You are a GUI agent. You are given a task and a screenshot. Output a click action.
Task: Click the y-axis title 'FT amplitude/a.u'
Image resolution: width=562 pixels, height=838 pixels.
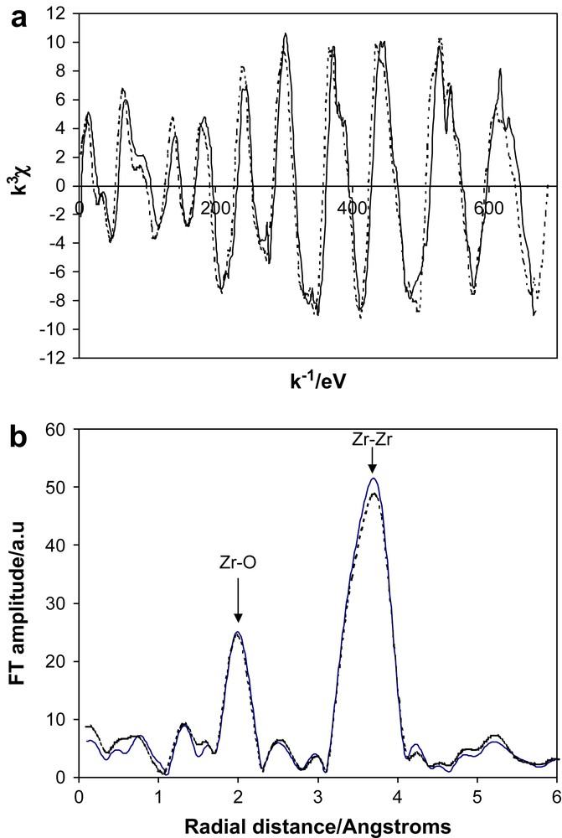19,603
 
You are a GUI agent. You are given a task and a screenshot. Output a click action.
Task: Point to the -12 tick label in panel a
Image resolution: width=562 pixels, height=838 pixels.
56,358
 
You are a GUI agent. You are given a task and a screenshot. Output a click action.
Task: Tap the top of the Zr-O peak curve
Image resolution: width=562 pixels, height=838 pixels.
238,633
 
